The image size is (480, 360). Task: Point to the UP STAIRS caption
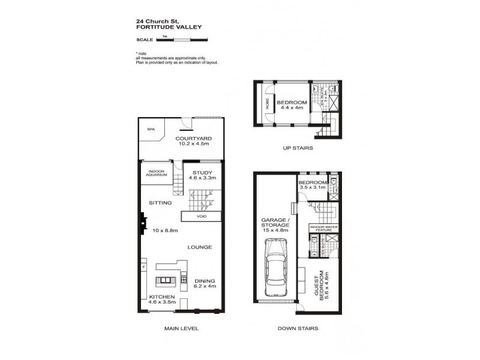(x=298, y=148)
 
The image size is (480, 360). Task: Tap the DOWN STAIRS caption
(x=298, y=328)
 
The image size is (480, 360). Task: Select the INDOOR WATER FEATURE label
(x=323, y=229)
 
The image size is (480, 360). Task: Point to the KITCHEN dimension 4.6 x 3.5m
(x=162, y=303)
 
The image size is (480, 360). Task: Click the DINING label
(x=205, y=281)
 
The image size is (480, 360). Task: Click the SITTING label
(x=161, y=203)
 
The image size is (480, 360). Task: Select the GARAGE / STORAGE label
(x=275, y=224)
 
